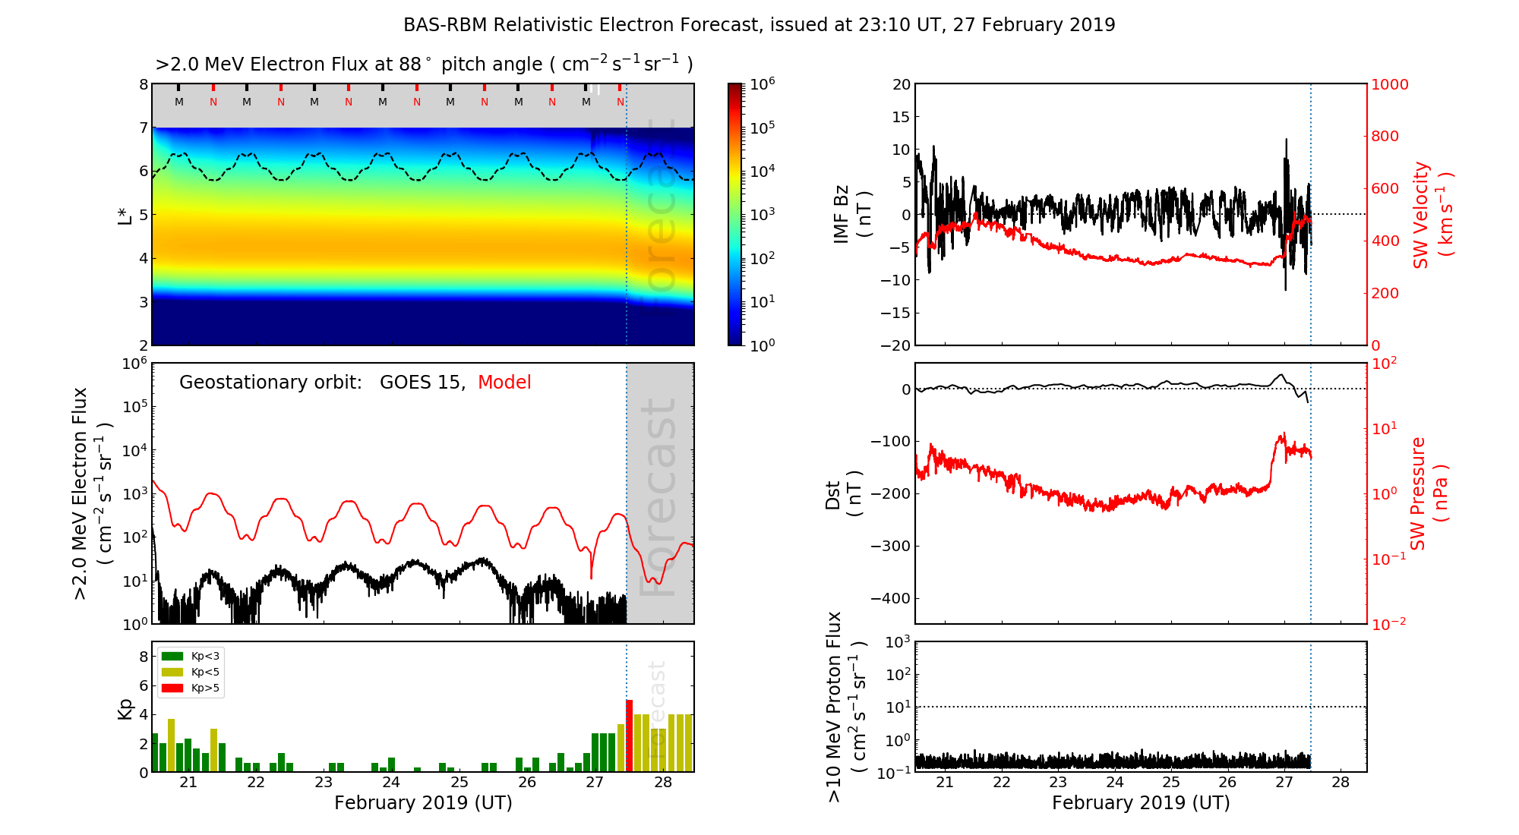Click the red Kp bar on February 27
629,736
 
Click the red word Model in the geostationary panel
504,383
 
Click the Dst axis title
843,494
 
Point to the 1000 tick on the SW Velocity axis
1389,84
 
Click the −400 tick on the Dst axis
890,598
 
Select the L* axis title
125,215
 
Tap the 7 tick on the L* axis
143,128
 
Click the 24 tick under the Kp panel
391,783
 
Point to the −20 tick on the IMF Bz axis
895,345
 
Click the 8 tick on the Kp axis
144,657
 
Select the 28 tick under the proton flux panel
1341,783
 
